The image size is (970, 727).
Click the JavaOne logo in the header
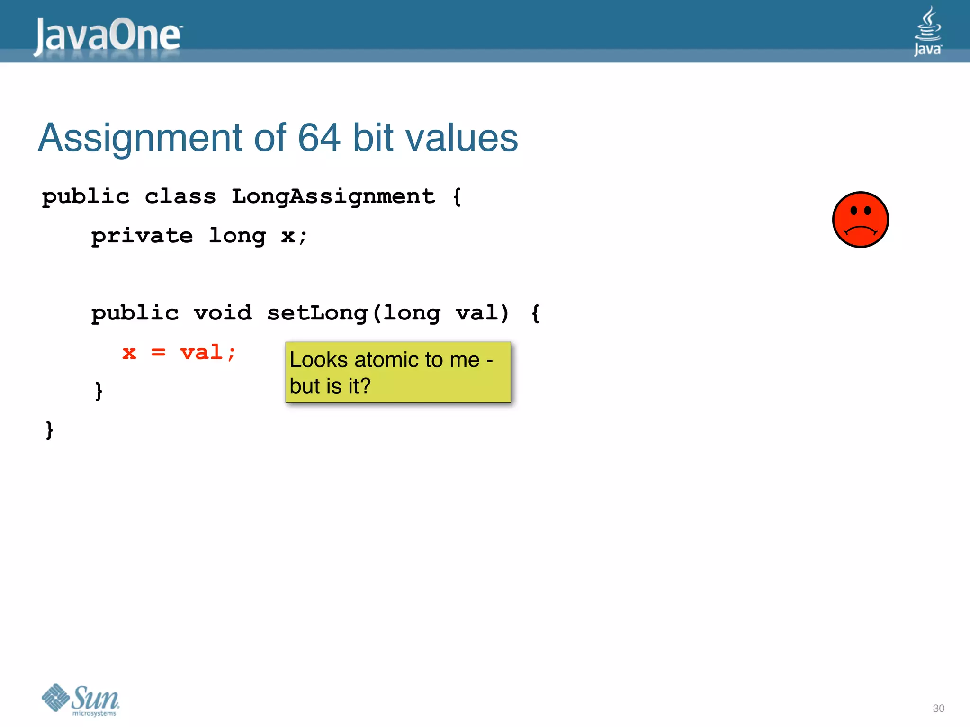108,35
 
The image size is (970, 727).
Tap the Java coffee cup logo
927,31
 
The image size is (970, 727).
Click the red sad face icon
860,220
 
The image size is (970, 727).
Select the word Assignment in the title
140,138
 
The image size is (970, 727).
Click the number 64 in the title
319,138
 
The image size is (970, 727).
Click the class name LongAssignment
333,196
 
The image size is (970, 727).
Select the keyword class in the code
180,196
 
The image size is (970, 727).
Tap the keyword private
142,236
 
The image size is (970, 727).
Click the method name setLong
317,313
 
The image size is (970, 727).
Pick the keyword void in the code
223,313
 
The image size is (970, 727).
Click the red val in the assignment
201,353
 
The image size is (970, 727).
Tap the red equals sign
158,353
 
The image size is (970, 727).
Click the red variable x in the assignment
129,353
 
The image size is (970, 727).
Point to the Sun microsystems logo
81,700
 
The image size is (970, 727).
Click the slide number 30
938,709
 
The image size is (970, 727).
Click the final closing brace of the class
49,430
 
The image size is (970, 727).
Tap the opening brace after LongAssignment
457,196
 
